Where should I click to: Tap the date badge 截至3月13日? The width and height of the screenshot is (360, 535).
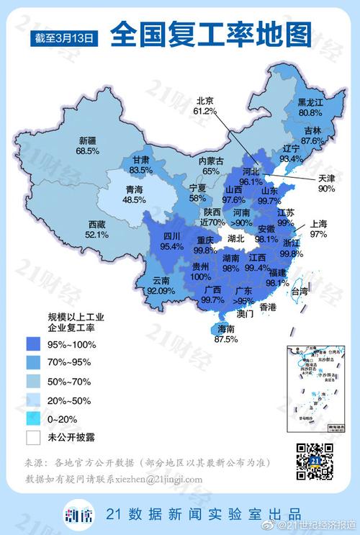65,37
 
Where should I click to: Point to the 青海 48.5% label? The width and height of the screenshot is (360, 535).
134,194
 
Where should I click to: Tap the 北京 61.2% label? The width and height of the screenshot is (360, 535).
204,107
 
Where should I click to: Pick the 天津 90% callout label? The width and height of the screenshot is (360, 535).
327,183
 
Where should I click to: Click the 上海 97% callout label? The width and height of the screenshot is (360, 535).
318,230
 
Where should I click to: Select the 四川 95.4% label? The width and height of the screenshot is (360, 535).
171,240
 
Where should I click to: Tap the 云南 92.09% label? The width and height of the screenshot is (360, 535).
161,287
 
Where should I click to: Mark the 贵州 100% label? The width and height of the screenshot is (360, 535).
201,271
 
